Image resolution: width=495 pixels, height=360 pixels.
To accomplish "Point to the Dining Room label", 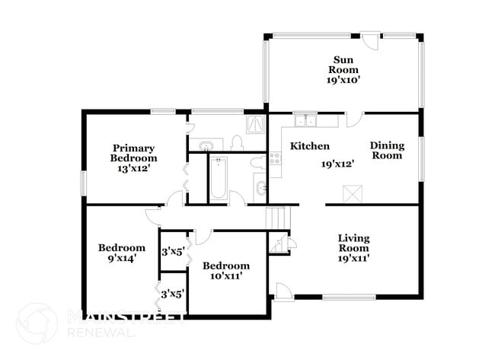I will (386, 150).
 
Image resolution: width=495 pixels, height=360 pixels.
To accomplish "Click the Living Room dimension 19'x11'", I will (354, 258).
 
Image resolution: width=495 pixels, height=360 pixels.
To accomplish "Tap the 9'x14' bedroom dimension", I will (121, 258).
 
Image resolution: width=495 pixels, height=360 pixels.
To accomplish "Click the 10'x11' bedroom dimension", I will (226, 276).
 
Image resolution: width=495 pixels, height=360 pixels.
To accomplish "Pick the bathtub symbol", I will (219, 178).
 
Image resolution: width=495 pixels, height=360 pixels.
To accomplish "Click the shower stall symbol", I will (254, 124).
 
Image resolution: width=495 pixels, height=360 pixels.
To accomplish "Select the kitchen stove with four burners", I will (275, 159).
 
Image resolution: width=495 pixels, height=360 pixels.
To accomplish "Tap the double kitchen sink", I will (305, 119).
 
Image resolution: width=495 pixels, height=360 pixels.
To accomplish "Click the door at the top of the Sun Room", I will (369, 40).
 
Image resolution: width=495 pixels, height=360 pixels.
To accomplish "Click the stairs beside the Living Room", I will (275, 216).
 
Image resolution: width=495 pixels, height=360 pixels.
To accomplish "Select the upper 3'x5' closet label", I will (171, 250).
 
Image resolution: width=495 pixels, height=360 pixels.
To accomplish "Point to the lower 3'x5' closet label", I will (171, 293).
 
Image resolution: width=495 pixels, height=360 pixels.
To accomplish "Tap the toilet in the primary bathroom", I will (236, 143).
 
